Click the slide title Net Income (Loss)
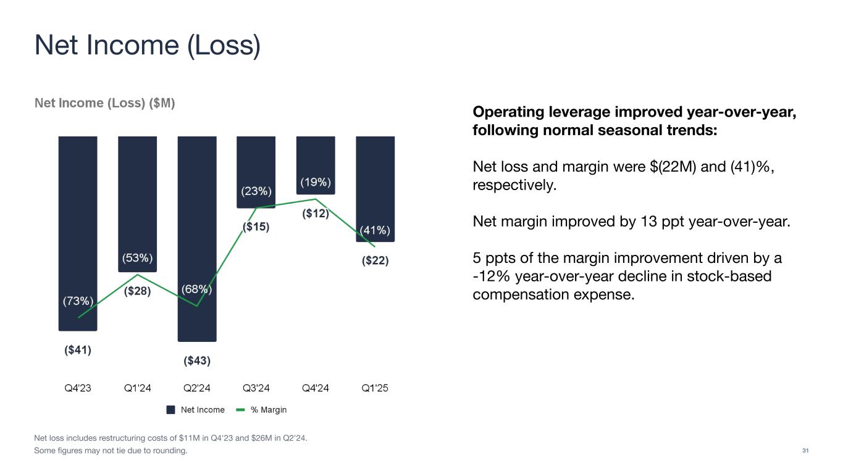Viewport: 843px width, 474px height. coord(147,46)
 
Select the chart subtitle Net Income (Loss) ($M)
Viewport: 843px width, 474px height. coord(105,104)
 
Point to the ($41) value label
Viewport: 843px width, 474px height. coord(78,350)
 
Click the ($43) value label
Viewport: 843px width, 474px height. coord(197,360)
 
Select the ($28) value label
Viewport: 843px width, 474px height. coord(137,291)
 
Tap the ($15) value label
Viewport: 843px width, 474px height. coord(256,227)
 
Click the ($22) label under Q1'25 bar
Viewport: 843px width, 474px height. coord(375,260)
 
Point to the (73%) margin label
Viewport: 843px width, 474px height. coord(78,302)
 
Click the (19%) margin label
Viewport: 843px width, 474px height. coord(316,182)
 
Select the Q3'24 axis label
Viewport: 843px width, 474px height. coord(256,388)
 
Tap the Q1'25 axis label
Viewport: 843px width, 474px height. coord(375,388)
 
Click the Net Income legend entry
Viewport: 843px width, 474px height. coord(196,410)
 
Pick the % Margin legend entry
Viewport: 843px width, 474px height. coord(262,410)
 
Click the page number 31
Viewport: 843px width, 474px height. coord(805,451)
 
